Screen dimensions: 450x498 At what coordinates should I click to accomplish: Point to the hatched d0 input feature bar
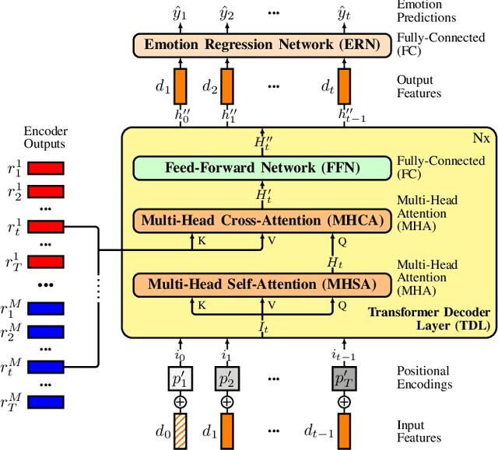coord(181,428)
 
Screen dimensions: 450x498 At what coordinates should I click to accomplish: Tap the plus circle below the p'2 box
coord(226,402)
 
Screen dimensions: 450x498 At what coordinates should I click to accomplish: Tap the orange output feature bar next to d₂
coord(226,83)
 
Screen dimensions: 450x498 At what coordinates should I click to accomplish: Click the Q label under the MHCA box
coord(342,242)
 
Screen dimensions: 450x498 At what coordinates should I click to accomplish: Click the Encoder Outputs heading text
coord(44,137)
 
